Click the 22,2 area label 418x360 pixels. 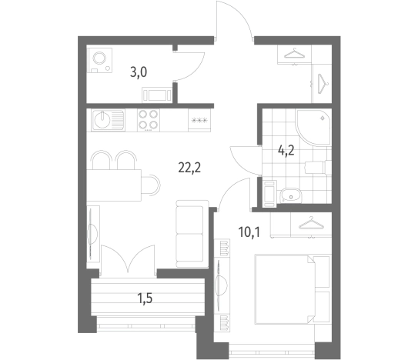pyautogui.click(x=189, y=168)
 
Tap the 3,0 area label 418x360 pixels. pyautogui.click(x=139, y=72)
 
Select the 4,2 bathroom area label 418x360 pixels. pyautogui.click(x=286, y=151)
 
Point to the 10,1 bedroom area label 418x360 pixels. pyautogui.click(x=249, y=232)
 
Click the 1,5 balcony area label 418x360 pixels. pyautogui.click(x=145, y=298)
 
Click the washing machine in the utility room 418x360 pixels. pyautogui.click(x=100, y=60)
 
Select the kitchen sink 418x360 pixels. pyautogui.click(x=108, y=120)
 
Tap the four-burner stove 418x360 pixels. pyautogui.click(x=149, y=120)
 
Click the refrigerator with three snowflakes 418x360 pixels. pyautogui.click(x=199, y=120)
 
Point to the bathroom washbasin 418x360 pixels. pyautogui.click(x=290, y=196)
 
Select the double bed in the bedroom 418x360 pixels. pyautogui.click(x=293, y=289)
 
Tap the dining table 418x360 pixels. pyautogui.click(x=114, y=185)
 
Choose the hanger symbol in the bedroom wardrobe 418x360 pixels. pyautogui.click(x=311, y=223)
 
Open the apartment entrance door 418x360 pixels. pyautogui.click(x=233, y=21)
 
